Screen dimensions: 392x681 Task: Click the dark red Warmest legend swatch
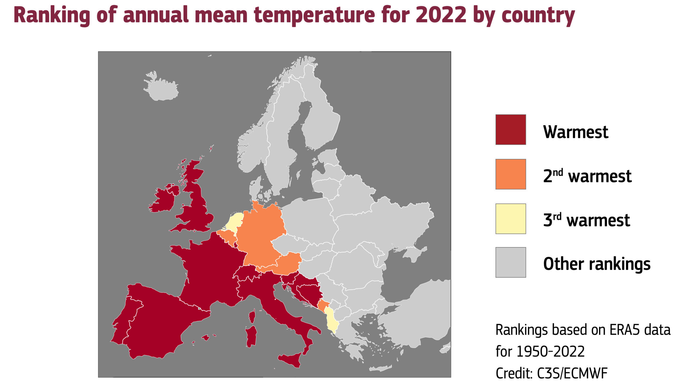[x=510, y=129]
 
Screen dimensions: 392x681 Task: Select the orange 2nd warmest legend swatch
[x=510, y=174]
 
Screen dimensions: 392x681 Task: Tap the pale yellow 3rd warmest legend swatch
[x=510, y=219]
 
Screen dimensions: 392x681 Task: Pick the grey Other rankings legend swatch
[x=510, y=262]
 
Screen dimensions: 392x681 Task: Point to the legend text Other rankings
[x=597, y=264]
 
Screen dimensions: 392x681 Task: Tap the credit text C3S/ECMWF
[x=572, y=373]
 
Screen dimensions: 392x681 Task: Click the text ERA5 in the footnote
[x=625, y=330]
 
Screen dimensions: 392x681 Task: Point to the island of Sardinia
[x=251, y=336]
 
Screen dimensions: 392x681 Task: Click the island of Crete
[x=380, y=368]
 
